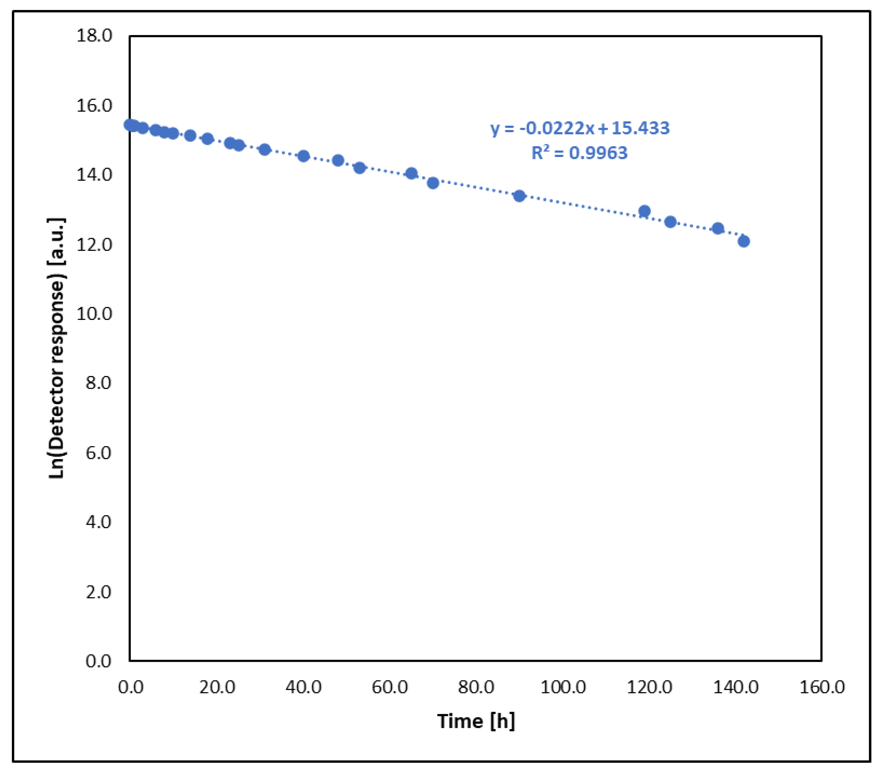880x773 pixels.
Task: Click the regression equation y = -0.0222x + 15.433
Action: click(x=580, y=128)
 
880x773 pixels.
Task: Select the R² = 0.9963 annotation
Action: click(x=579, y=153)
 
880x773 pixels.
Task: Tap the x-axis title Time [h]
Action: click(x=476, y=721)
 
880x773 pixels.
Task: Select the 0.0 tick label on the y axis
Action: click(x=98, y=661)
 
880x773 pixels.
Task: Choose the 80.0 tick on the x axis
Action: click(x=476, y=687)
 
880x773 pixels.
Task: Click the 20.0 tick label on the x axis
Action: click(x=217, y=687)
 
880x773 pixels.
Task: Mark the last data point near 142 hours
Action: click(x=743, y=241)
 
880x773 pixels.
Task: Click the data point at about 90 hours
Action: click(x=519, y=196)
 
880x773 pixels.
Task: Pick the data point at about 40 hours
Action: click(x=303, y=156)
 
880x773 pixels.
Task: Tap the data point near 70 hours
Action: click(x=433, y=183)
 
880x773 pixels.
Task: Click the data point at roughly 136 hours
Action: click(x=718, y=228)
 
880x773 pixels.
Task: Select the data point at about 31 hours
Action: click(x=265, y=149)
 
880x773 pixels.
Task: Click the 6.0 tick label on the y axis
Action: click(x=98, y=453)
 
